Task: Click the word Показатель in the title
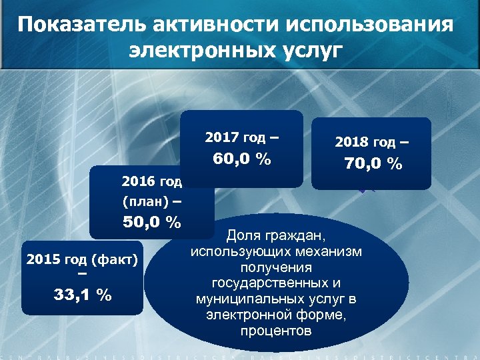(x=82, y=25)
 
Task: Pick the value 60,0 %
(x=241, y=159)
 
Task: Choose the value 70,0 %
(x=373, y=163)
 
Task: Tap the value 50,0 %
(x=151, y=222)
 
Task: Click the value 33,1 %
(x=83, y=294)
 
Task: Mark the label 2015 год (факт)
(x=82, y=259)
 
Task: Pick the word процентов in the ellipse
(x=276, y=331)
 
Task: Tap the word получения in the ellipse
(x=276, y=267)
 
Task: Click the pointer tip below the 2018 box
(x=362, y=192)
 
